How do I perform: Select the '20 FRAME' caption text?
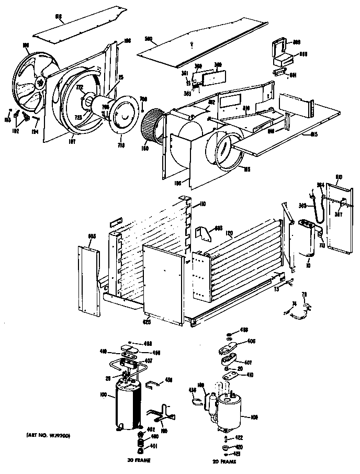coord(224,462)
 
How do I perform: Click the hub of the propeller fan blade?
coord(39,82)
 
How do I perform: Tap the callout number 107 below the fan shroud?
coord(70,140)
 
